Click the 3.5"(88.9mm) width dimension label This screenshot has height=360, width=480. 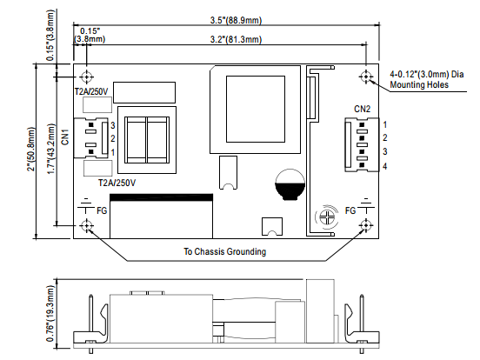click(x=236, y=20)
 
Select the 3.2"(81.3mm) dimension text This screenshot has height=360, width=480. click(x=236, y=39)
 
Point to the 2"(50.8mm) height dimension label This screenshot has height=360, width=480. click(x=31, y=149)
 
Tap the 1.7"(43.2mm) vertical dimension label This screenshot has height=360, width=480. click(x=50, y=149)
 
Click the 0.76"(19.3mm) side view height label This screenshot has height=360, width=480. click(x=50, y=313)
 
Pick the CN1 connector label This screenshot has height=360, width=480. click(x=65, y=137)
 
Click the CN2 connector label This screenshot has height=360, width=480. click(x=362, y=109)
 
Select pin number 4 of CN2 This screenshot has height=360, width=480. click(x=385, y=167)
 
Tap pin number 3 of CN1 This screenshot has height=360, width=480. click(x=113, y=125)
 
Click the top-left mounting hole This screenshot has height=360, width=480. click(x=87, y=77)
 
